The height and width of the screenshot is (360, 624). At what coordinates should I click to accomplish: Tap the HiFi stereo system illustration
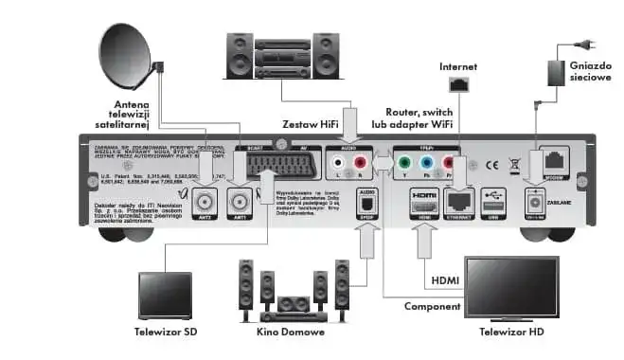(268, 56)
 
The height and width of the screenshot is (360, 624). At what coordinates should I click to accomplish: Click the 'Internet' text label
(459, 67)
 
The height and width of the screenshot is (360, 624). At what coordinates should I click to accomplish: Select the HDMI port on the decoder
(422, 200)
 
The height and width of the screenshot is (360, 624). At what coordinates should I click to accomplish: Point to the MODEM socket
(552, 161)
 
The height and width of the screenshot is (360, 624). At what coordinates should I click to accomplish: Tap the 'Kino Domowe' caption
(284, 333)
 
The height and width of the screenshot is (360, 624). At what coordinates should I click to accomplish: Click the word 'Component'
(432, 307)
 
